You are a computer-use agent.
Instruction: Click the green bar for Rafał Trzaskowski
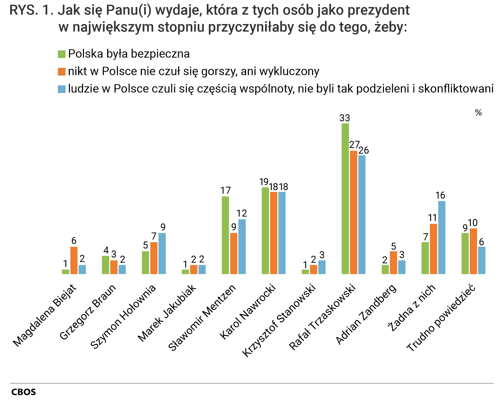[345, 198]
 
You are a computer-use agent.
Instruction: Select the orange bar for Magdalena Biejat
[74, 260]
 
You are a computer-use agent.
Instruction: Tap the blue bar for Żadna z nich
[442, 237]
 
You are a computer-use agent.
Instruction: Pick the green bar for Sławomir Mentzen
[225, 235]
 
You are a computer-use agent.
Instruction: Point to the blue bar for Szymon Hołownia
[162, 253]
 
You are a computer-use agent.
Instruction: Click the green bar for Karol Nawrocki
[265, 231]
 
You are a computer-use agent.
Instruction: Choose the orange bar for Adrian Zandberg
[393, 262]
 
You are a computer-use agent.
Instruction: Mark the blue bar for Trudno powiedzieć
[482, 260]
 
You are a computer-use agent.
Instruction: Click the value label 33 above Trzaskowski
[345, 118]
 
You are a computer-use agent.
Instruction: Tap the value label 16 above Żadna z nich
[440, 195]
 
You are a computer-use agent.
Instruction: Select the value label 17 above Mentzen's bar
[226, 191]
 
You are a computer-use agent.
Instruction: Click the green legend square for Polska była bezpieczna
[62, 54]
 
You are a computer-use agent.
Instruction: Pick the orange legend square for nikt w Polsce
[62, 72]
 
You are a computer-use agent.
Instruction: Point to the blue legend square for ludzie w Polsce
[62, 89]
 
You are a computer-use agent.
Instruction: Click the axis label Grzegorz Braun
[88, 312]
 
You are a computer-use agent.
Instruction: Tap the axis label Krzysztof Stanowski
[279, 320]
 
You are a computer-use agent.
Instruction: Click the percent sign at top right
[478, 113]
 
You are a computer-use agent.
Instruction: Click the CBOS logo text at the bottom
[23, 392]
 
